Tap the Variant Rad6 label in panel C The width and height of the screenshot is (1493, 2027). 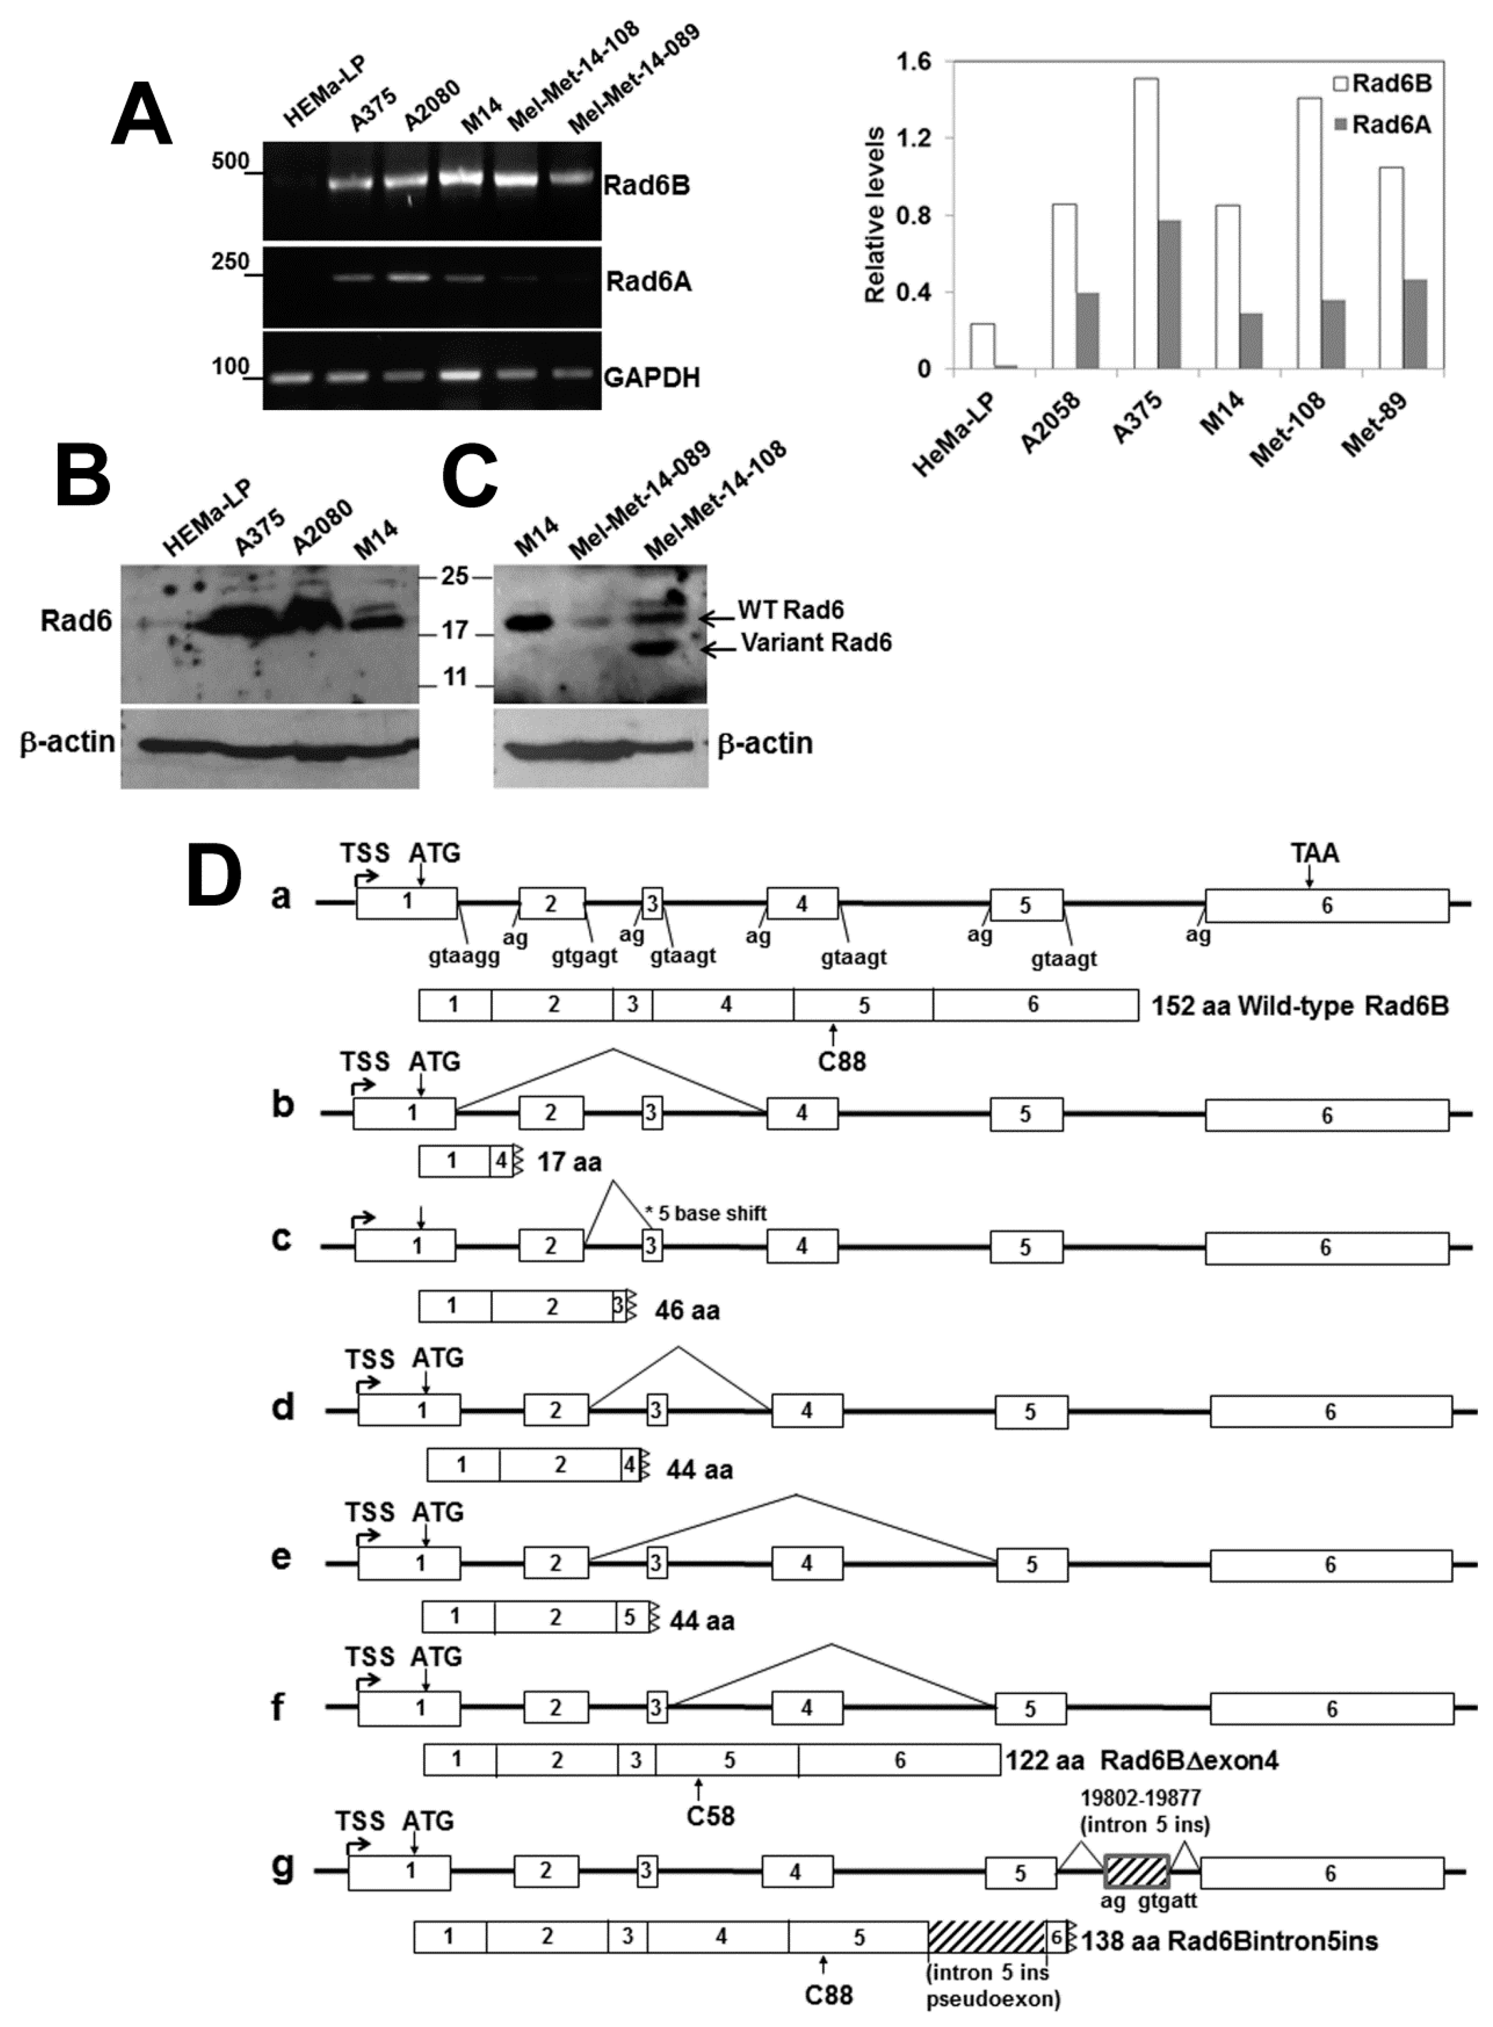coord(815,642)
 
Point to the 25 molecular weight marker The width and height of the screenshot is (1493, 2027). coord(455,576)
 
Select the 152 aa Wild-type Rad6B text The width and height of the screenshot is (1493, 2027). coord(1300,1006)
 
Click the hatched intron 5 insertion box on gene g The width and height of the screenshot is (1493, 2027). coord(1137,1871)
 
